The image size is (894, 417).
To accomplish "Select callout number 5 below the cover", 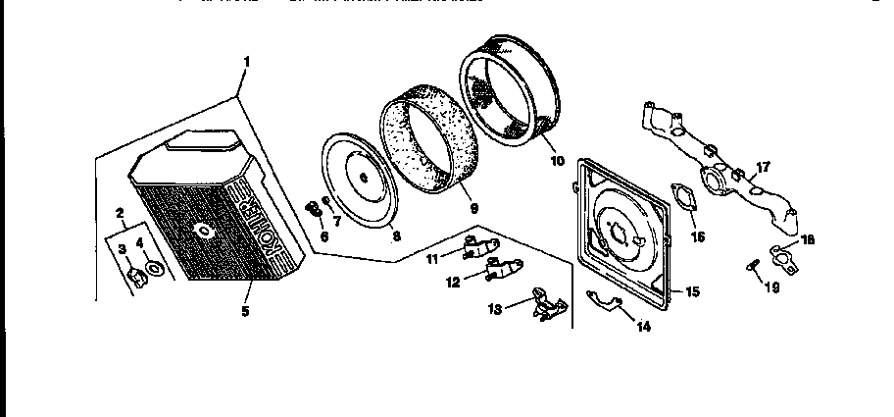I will [245, 311].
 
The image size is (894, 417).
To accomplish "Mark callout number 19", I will [771, 287].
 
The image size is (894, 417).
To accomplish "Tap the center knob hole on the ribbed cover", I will [204, 232].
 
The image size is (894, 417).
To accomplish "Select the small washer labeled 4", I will [155, 268].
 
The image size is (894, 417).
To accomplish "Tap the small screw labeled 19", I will [752, 266].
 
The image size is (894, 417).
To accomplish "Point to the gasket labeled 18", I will [784, 257].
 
